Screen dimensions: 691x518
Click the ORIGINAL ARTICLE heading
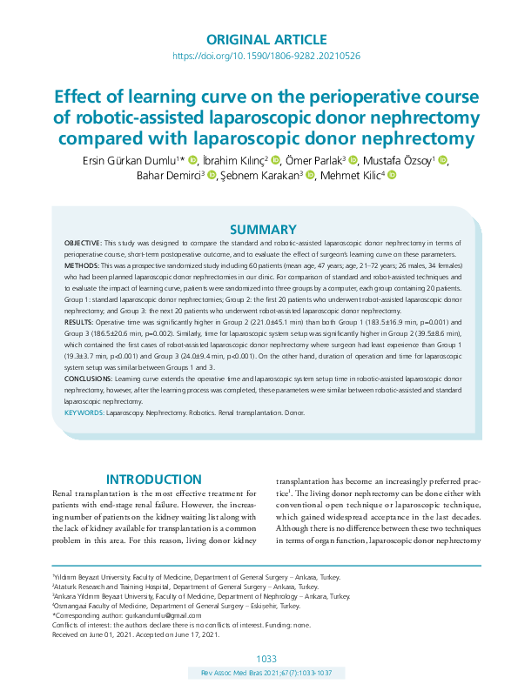tap(266, 39)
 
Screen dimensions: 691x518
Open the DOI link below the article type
tap(266, 56)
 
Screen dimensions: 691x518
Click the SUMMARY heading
tap(267, 230)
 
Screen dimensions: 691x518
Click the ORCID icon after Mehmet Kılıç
tap(391, 176)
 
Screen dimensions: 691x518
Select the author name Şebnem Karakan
tap(260, 176)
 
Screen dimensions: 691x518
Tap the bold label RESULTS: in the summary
tap(80, 322)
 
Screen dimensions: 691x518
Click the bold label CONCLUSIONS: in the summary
tap(89, 380)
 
